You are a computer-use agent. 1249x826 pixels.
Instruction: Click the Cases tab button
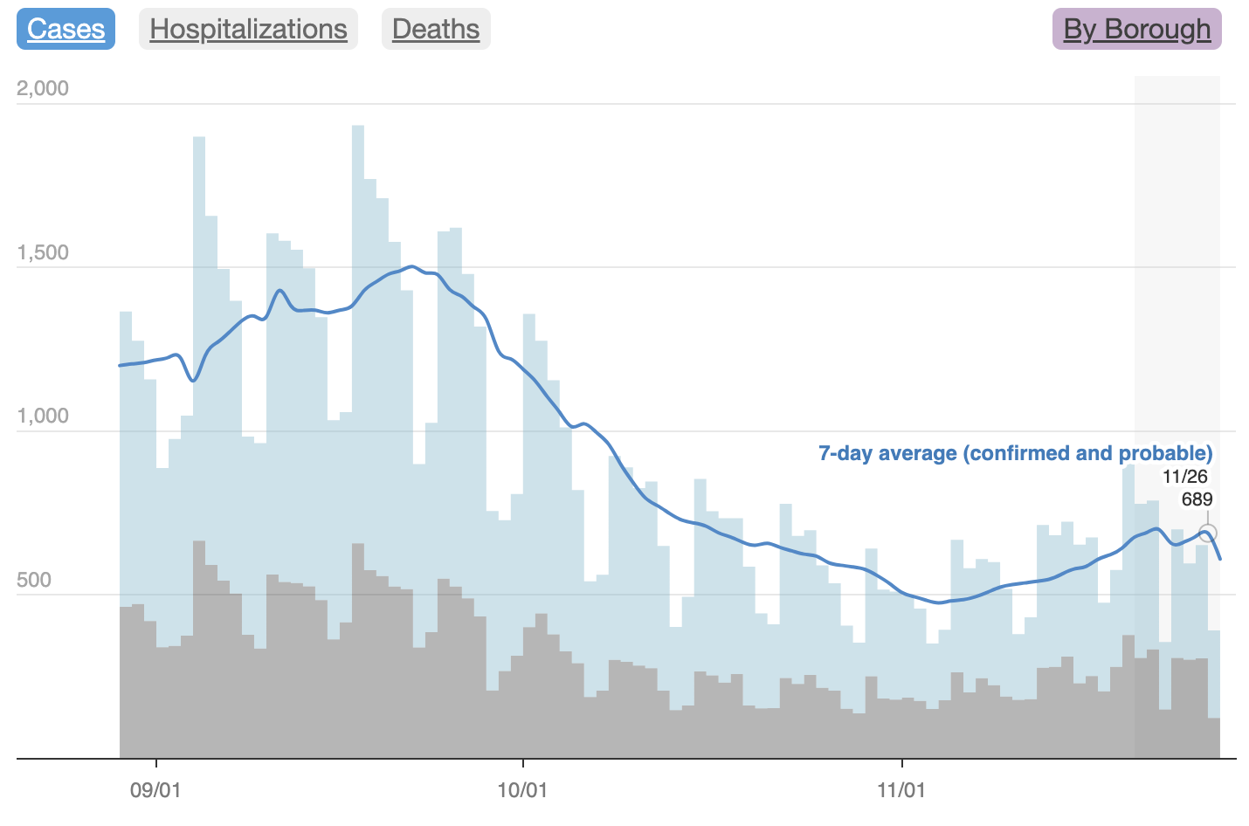pyautogui.click(x=66, y=29)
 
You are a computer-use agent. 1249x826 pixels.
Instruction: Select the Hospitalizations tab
pyautogui.click(x=248, y=29)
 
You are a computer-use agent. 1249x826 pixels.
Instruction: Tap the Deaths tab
pyautogui.click(x=436, y=29)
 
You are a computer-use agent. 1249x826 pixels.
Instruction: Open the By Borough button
pyautogui.click(x=1136, y=29)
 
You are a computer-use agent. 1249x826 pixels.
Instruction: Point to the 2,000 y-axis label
pyautogui.click(x=43, y=88)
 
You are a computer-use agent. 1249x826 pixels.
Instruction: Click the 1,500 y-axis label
pyautogui.click(x=43, y=253)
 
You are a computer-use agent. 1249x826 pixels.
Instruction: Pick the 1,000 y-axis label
pyautogui.click(x=43, y=416)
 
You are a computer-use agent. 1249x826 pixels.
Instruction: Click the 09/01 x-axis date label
pyautogui.click(x=155, y=791)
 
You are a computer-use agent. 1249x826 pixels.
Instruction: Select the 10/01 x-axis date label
pyautogui.click(x=522, y=791)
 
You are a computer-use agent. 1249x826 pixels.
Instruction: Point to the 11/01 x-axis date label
pyautogui.click(x=901, y=791)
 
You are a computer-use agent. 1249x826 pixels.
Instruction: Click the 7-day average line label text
pyautogui.click(x=1015, y=453)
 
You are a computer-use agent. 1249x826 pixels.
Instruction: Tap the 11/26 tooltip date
pyautogui.click(x=1185, y=477)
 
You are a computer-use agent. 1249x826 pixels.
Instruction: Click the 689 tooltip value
pyautogui.click(x=1197, y=499)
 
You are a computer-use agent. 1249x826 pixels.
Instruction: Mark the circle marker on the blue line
pyautogui.click(x=1208, y=533)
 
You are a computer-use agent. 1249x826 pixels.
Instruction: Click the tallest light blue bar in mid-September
pyautogui.click(x=358, y=437)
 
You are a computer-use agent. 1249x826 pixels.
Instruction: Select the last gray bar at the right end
pyautogui.click(x=1214, y=738)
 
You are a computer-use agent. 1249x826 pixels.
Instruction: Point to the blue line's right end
pyautogui.click(x=1220, y=558)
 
